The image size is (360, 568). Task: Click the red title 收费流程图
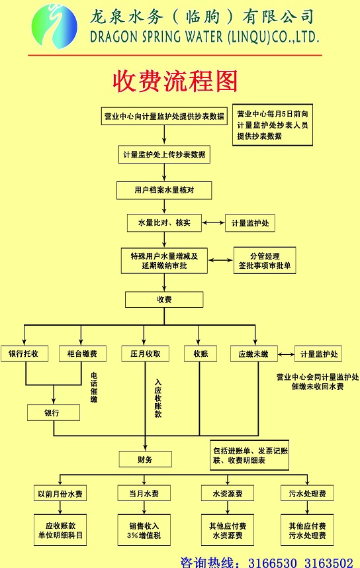[x=175, y=81]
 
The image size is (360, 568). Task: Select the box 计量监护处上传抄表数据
[x=164, y=155]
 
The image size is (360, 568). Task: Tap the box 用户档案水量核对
[x=164, y=190]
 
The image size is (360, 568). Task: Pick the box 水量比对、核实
[x=164, y=223]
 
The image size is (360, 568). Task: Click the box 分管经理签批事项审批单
[x=265, y=260]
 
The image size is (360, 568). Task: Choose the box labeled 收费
[x=164, y=300]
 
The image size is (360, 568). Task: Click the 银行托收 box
[x=24, y=354]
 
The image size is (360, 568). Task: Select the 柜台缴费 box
[x=83, y=354]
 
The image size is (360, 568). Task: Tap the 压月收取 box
[x=145, y=354]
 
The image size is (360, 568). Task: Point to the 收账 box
[x=201, y=354]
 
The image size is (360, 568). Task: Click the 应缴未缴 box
[x=254, y=354]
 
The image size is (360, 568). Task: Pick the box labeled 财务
[x=145, y=459]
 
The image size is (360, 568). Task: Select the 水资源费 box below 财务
[x=228, y=493]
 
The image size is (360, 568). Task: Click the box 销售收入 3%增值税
[x=144, y=530]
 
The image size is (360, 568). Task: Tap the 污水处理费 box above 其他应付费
[x=307, y=493]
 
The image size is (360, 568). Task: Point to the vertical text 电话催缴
[x=94, y=387]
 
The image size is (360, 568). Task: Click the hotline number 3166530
[x=273, y=563]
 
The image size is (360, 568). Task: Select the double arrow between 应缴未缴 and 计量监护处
[x=286, y=354]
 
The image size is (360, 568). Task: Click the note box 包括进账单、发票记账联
[x=249, y=455]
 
